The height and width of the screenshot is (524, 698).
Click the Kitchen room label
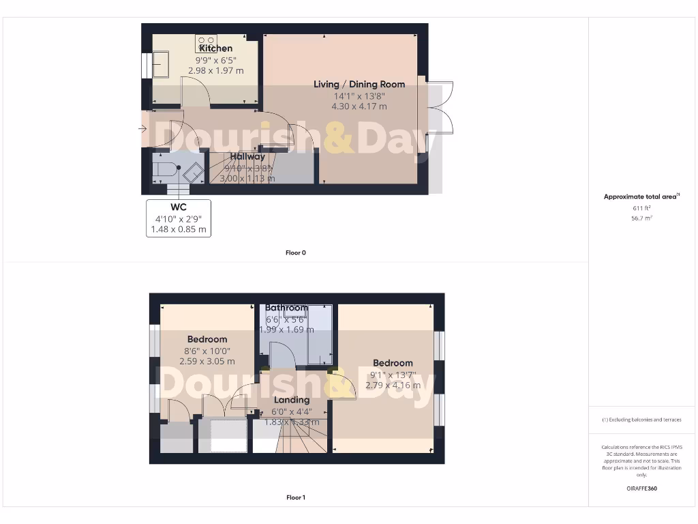pyautogui.click(x=215, y=48)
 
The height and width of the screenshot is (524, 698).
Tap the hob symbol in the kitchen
pyautogui.click(x=206, y=43)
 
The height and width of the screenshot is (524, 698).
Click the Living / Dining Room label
pyautogui.click(x=359, y=85)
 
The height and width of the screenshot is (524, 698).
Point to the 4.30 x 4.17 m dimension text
pyautogui.click(x=359, y=106)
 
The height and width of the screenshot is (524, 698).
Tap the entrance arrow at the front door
pyautogui.click(x=142, y=128)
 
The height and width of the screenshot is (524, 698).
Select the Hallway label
pyautogui.click(x=247, y=157)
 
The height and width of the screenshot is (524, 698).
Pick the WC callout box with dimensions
pyautogui.click(x=179, y=218)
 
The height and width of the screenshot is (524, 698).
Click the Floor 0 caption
pyautogui.click(x=295, y=252)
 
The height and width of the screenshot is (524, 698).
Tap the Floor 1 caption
pyautogui.click(x=295, y=497)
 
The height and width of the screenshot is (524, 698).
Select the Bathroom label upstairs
pyautogui.click(x=286, y=308)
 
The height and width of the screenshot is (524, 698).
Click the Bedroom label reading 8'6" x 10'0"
pyautogui.click(x=207, y=339)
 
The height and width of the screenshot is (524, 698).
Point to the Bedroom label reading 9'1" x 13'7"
pyautogui.click(x=393, y=363)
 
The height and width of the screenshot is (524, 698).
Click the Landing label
pyautogui.click(x=291, y=400)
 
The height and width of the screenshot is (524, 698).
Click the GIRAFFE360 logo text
pyautogui.click(x=641, y=489)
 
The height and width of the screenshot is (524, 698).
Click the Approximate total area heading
pyautogui.click(x=641, y=196)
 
